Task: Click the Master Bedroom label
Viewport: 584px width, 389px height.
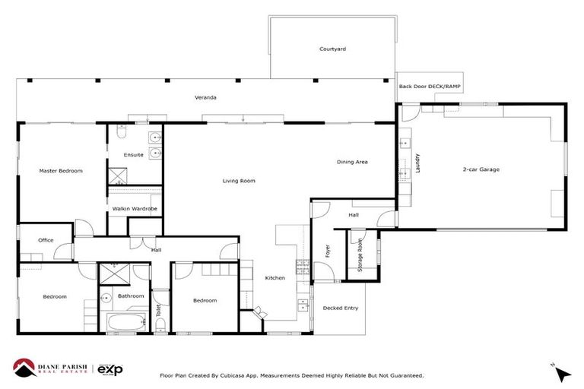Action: pyautogui.click(x=61, y=171)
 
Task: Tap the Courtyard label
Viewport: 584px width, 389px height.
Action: pyautogui.click(x=332, y=49)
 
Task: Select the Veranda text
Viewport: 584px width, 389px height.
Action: pyautogui.click(x=205, y=98)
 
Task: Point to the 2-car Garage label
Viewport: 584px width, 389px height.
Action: pyautogui.click(x=481, y=169)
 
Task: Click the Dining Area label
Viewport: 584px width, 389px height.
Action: pyautogui.click(x=353, y=162)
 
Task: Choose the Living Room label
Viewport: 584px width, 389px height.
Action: pyautogui.click(x=239, y=181)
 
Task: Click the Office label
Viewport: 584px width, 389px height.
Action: pyautogui.click(x=46, y=240)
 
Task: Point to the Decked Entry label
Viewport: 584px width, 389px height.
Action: pyautogui.click(x=340, y=308)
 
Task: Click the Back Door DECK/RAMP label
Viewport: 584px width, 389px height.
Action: pyautogui.click(x=430, y=87)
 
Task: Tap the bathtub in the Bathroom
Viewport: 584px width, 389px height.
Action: pyautogui.click(x=125, y=322)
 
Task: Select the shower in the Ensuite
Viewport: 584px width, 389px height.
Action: pyautogui.click(x=118, y=176)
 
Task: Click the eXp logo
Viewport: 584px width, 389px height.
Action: pyautogui.click(x=110, y=368)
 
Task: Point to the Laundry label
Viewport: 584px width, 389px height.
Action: pyautogui.click(x=417, y=163)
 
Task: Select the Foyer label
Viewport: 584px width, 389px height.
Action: pyautogui.click(x=327, y=251)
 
